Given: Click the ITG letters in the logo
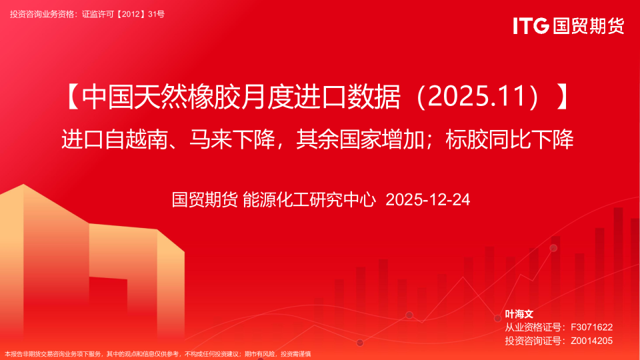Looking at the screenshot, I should point(531,25).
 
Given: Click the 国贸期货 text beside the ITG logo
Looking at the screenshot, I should point(587,25).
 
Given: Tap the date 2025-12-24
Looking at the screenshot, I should point(428,199).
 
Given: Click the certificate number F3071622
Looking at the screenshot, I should point(591,327).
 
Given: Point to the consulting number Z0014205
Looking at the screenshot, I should point(591,341).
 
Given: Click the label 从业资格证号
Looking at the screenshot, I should point(531,327).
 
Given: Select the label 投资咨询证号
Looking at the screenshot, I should point(531,341).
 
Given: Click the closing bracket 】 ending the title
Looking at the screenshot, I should point(564,98).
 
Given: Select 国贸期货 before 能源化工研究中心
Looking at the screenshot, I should point(204,199).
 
